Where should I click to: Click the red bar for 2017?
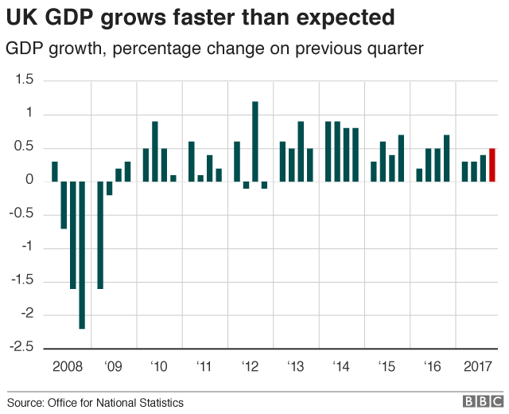click(492, 165)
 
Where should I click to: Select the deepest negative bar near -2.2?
click(82, 255)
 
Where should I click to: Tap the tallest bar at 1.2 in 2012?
click(255, 141)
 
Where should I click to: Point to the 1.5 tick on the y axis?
click(25, 80)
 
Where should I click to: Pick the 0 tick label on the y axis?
click(29, 181)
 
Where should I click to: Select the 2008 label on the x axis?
click(67, 366)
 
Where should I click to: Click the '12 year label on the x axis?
click(250, 366)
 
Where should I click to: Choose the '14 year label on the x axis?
click(341, 366)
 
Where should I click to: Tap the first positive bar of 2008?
click(55, 171)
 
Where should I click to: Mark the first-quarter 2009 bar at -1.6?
click(101, 235)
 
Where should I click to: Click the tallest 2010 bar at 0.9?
click(155, 151)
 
